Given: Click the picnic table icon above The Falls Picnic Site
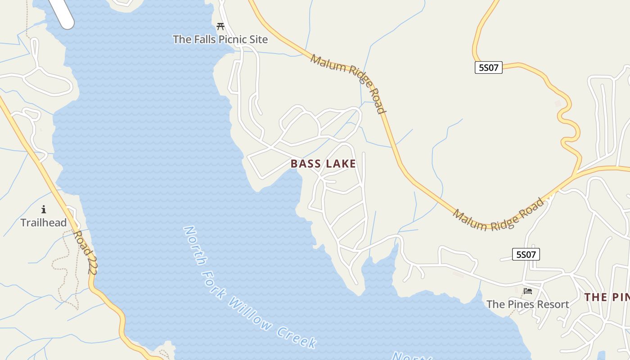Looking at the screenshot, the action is pos(220,27).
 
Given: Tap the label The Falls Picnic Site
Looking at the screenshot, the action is pos(220,40).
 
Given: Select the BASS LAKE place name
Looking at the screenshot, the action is pos(323,164).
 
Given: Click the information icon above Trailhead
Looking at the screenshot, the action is pos(44,209).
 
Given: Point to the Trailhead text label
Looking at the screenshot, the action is pos(44,223).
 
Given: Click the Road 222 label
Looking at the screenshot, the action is pos(85,252).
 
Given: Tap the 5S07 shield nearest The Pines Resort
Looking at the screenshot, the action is pos(526,255).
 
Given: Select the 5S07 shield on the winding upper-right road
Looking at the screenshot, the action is pos(488,68).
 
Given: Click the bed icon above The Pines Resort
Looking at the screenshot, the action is pos(528,291).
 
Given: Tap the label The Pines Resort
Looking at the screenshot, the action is pos(527,305).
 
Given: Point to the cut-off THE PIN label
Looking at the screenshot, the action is pos(607,297).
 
